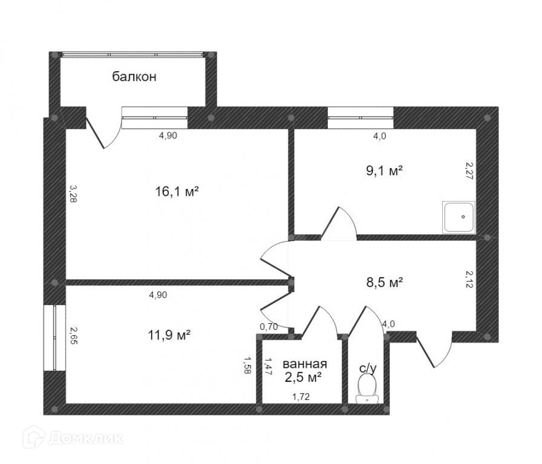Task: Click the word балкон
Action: click(134, 76)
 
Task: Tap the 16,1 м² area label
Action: click(177, 191)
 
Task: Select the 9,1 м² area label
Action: click(384, 170)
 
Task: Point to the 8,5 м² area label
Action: click(384, 282)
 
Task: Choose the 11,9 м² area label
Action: click(169, 335)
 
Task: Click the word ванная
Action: click(304, 364)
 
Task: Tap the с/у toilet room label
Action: click(368, 369)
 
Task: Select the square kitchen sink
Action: click(459, 217)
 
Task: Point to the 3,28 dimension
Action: click(73, 193)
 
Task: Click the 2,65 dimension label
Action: click(73, 335)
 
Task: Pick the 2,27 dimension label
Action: click(469, 170)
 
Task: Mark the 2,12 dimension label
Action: click(469, 279)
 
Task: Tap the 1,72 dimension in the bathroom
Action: click(301, 397)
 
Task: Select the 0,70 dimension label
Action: click(269, 326)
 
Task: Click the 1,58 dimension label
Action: click(247, 366)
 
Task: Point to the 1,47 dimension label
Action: click(267, 366)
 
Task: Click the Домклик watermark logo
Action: click(73, 439)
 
